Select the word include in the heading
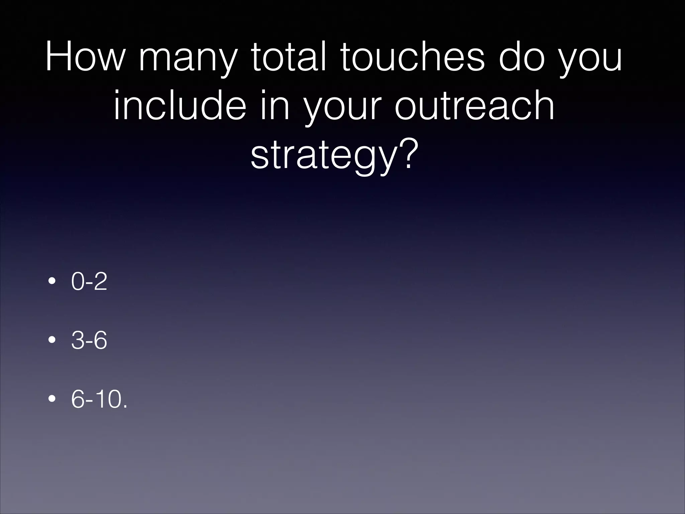click(x=180, y=105)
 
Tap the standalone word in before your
click(x=274, y=105)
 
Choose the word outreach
click(x=474, y=105)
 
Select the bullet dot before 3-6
click(x=52, y=340)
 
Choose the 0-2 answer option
click(x=89, y=282)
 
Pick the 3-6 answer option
click(x=89, y=340)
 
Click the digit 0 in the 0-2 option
click(x=78, y=282)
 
